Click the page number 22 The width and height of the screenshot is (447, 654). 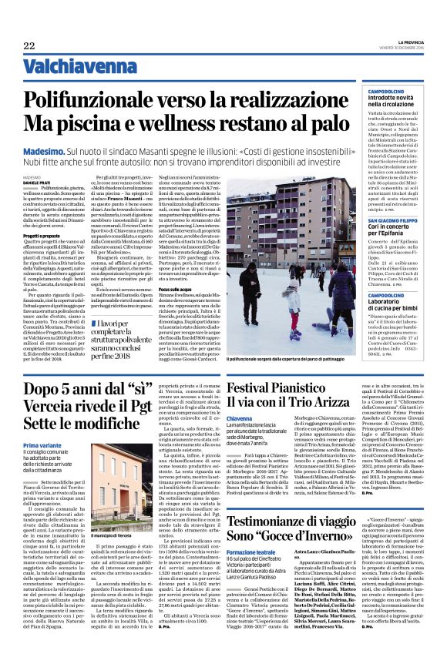pyautogui.click(x=29, y=45)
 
